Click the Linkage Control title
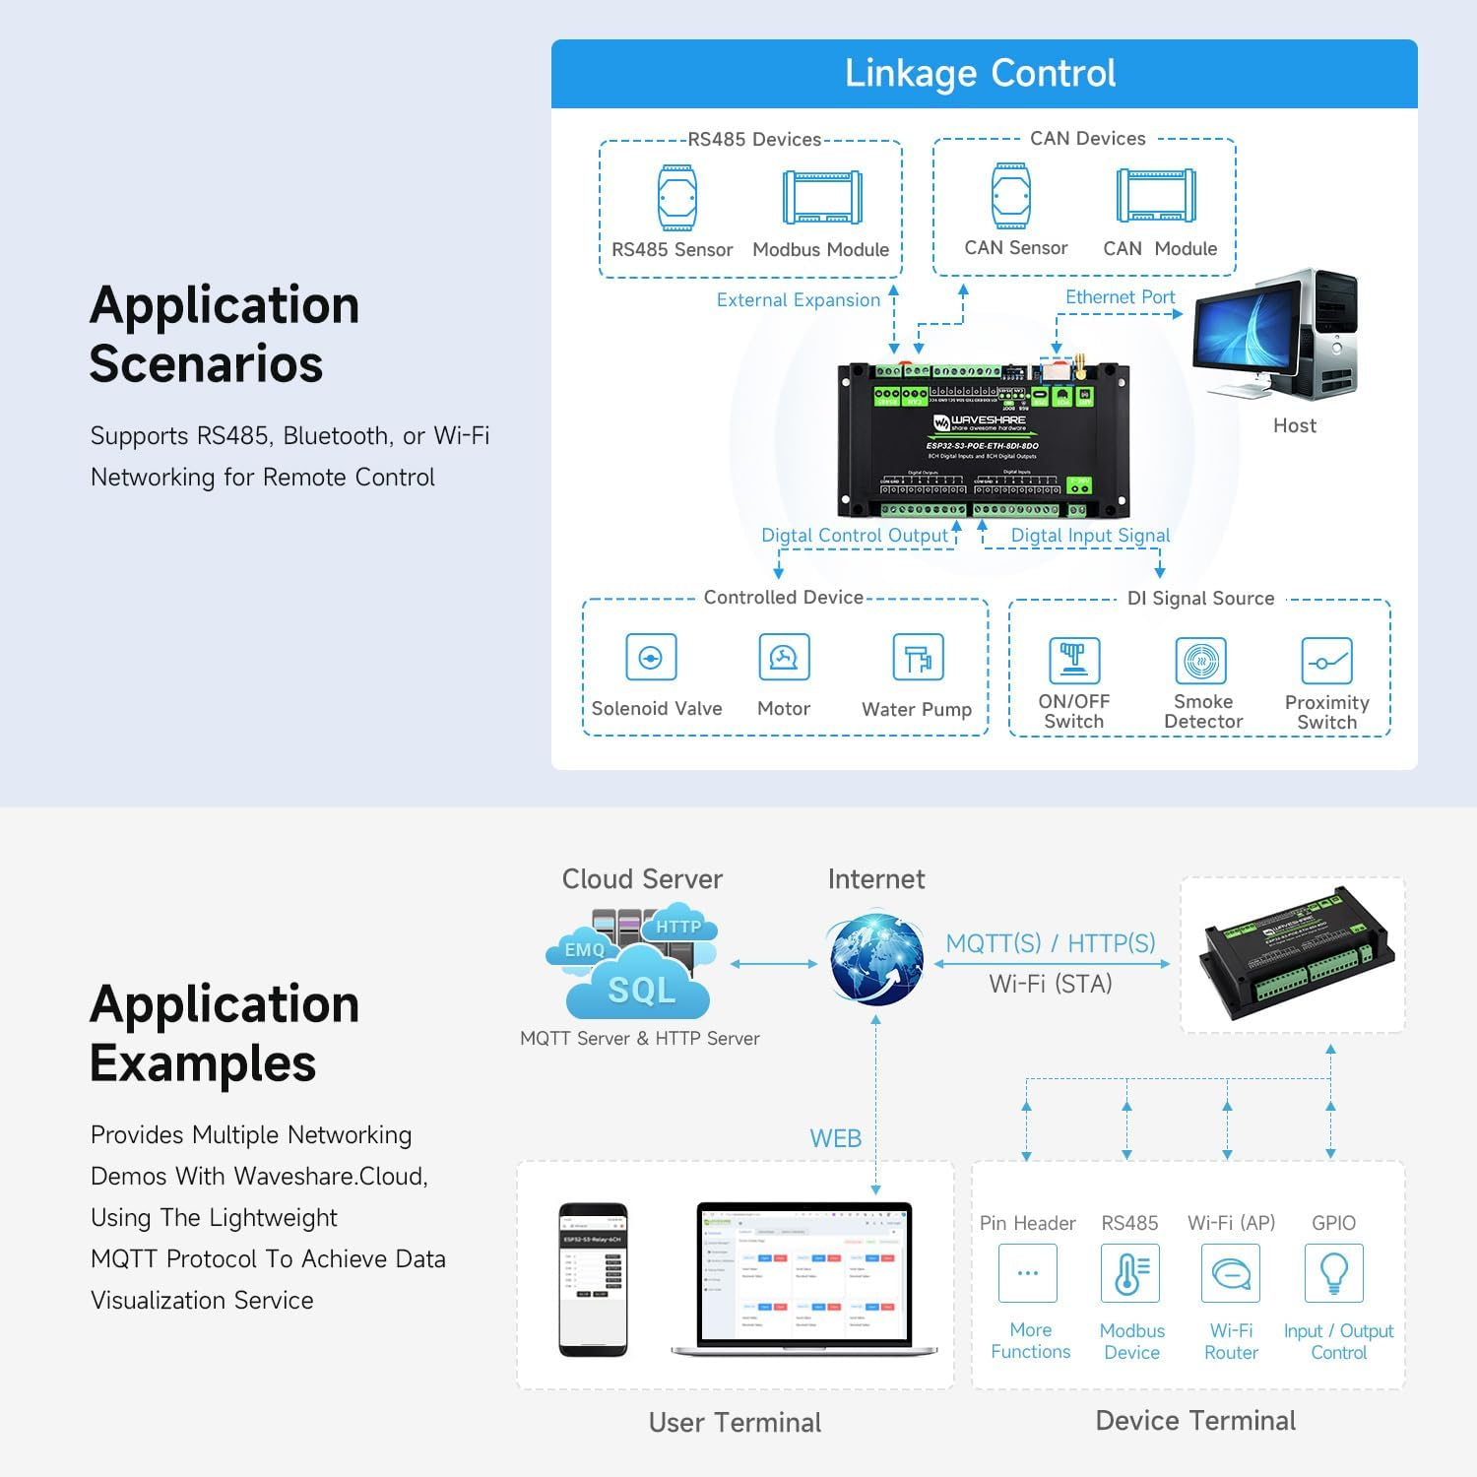[x=980, y=74]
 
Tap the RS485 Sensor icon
[x=677, y=197]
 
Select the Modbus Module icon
[x=822, y=197]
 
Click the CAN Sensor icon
[x=1011, y=195]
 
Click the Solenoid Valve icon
[x=651, y=658]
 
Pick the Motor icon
[x=784, y=657]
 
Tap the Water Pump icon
[x=918, y=658]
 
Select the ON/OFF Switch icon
[x=1073, y=660]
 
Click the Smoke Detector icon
[x=1201, y=661]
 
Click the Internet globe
[x=875, y=960]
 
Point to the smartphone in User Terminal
[x=593, y=1278]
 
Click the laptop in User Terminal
[x=803, y=1278]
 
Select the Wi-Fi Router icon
[x=1231, y=1273]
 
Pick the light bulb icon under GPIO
[x=1333, y=1272]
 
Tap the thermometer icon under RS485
[x=1129, y=1273]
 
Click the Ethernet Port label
[x=1120, y=297]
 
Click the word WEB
[x=835, y=1138]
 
